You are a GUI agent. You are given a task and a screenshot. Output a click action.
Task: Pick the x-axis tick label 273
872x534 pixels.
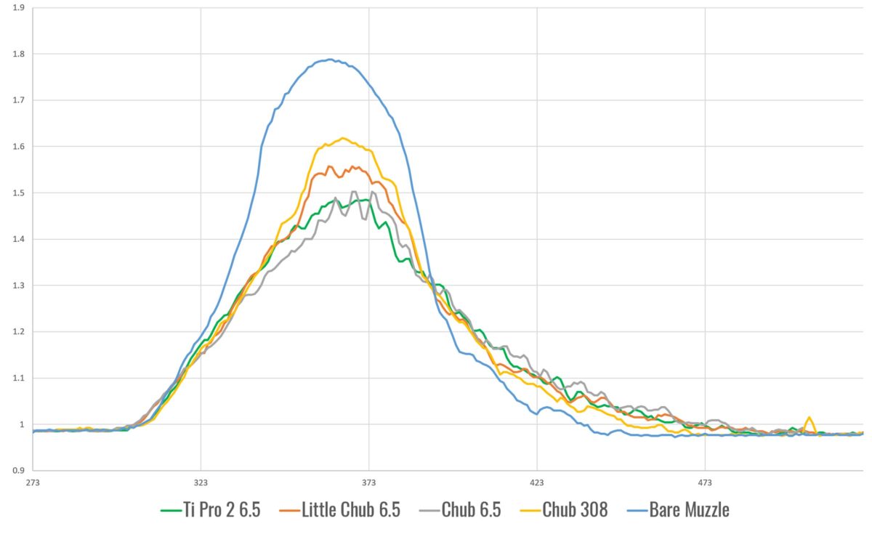(x=33, y=482)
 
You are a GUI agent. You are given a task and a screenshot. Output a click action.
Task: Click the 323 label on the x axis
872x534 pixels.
(x=201, y=482)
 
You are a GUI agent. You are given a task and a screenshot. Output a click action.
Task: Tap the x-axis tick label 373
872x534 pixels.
(x=369, y=482)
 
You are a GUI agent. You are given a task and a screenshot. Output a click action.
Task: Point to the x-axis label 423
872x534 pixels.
(x=537, y=482)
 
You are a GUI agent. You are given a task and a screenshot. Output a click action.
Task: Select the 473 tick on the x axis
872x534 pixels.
(x=705, y=482)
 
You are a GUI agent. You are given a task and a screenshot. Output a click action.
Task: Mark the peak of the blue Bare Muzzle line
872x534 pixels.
(x=331, y=60)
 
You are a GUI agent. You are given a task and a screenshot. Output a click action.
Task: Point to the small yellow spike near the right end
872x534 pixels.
(x=810, y=418)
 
